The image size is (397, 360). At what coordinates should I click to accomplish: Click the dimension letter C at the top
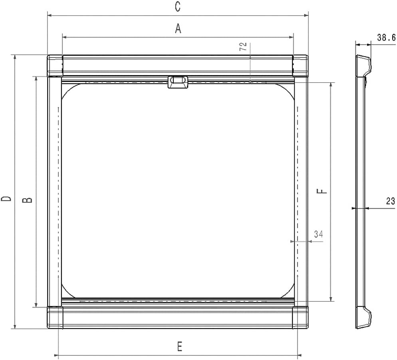(178, 6)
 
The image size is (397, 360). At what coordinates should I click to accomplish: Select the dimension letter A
(178, 29)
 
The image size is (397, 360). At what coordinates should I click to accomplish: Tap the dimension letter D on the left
(6, 199)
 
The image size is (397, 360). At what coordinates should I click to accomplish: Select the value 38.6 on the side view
(386, 38)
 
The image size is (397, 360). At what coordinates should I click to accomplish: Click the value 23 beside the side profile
(390, 202)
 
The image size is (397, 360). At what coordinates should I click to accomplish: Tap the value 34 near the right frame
(318, 235)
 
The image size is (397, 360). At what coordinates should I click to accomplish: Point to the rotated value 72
(243, 47)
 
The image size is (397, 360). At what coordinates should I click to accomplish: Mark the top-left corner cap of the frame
(55, 66)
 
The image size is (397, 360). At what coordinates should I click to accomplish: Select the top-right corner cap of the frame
(300, 66)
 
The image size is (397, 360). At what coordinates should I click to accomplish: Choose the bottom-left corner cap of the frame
(55, 317)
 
